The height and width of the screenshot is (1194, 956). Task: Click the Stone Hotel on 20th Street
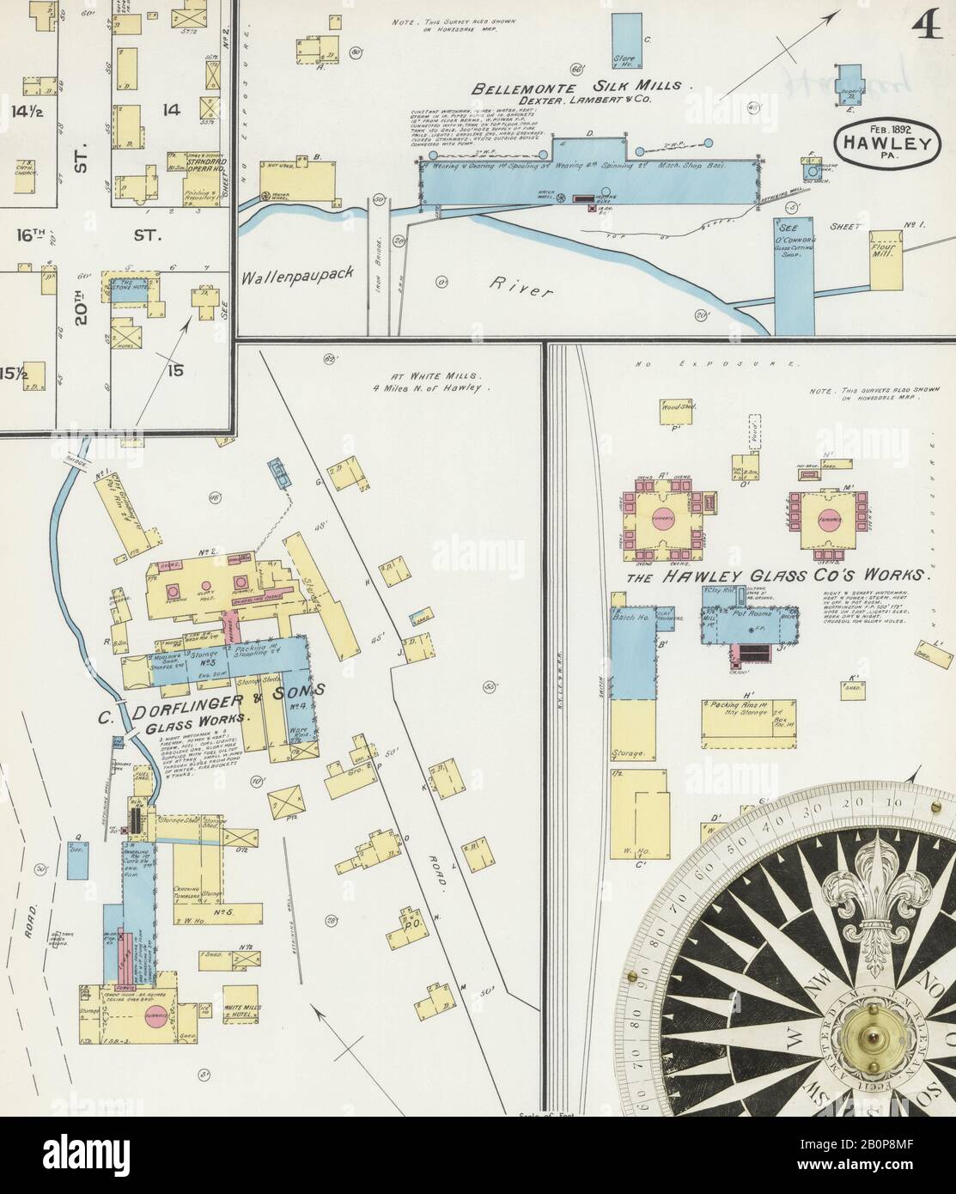click(134, 287)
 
